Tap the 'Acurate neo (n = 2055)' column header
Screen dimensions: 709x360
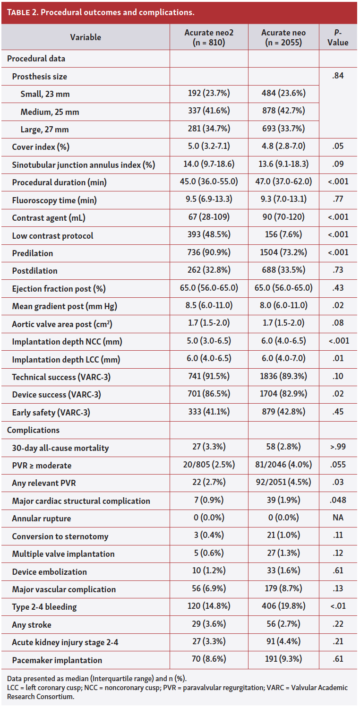[283, 37]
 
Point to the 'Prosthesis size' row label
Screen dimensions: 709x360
[39, 77]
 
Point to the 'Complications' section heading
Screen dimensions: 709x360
[33, 430]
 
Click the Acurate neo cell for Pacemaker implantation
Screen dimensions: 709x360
[283, 660]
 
